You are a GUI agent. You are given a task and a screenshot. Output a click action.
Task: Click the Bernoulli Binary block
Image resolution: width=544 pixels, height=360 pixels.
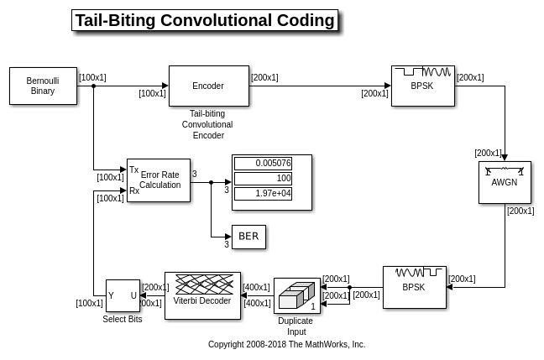coord(43,86)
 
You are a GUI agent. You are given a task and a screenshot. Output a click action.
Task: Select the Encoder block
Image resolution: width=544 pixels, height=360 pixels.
coord(208,86)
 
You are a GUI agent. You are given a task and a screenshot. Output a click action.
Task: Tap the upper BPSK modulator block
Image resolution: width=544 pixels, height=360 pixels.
coord(422,86)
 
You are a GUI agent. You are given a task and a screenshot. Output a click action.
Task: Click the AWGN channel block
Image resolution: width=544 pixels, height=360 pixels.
coord(505,182)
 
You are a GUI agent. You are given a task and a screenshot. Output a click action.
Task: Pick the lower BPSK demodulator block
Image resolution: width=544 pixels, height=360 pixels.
coord(414,288)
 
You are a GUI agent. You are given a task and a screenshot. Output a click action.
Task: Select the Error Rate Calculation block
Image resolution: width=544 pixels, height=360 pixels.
coord(159,180)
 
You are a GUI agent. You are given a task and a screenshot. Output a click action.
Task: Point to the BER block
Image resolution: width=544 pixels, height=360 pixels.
coord(248,237)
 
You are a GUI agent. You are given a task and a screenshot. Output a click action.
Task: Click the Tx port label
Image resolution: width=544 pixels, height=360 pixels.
coord(134,170)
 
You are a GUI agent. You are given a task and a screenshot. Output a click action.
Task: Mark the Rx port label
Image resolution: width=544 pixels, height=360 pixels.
coord(134,190)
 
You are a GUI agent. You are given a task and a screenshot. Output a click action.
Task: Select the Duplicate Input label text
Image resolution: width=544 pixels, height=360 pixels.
coord(296,326)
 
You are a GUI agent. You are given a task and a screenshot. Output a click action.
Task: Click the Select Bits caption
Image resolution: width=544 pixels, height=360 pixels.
coord(123,320)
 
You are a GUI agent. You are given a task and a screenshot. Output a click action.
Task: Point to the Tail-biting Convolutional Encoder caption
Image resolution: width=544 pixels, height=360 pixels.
coord(207,124)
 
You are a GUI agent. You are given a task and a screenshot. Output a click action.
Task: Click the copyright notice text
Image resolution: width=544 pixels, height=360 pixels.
coord(287,344)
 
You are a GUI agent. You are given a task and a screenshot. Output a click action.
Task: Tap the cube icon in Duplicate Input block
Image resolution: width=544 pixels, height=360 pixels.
coord(295,295)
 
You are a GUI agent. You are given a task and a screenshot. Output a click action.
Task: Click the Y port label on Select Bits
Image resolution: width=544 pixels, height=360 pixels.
coord(111,295)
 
